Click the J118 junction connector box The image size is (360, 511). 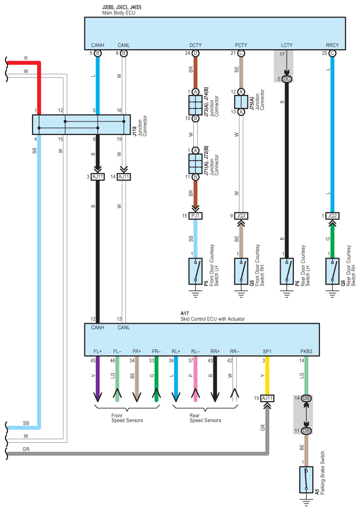81,124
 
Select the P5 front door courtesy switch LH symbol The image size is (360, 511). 195,271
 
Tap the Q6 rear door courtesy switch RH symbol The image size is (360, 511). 332,271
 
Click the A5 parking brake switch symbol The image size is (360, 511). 306,480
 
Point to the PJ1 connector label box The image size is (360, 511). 195,216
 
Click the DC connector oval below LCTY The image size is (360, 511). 287,79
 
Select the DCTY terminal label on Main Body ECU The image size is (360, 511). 195,45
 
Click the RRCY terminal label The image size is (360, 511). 332,45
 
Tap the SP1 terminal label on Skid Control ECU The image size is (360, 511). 267,351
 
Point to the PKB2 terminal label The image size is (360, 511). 306,351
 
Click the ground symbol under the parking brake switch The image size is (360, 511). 306,502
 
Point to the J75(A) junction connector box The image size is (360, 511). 241,102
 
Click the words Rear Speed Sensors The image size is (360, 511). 205,418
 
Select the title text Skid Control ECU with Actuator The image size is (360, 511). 212,319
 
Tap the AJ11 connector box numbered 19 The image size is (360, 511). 267,398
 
